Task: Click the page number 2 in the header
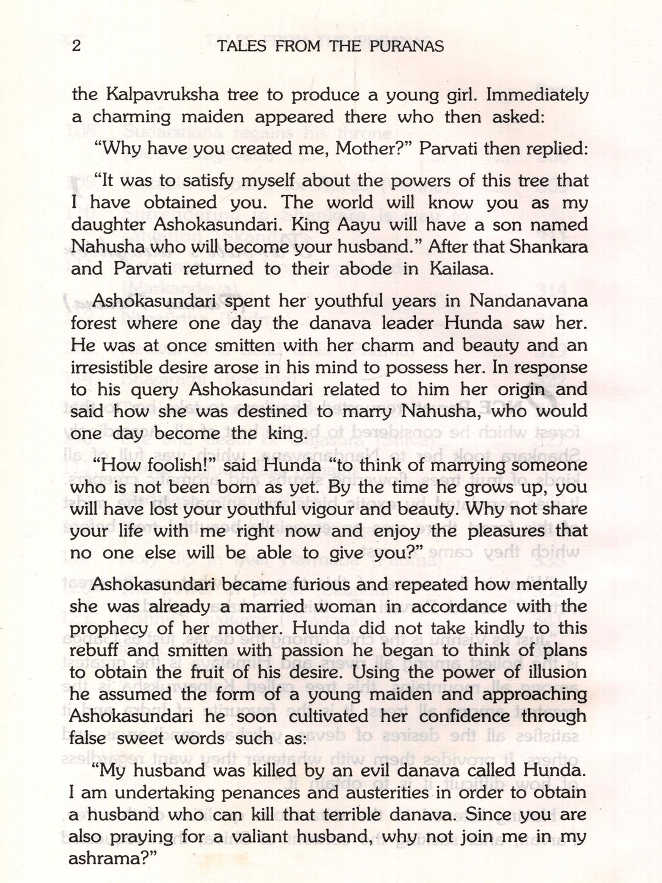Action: pos(76,46)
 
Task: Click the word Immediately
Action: pos(537,95)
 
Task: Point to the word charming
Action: pos(131,117)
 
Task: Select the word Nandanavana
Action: pos(528,301)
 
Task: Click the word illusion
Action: pos(556,672)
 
